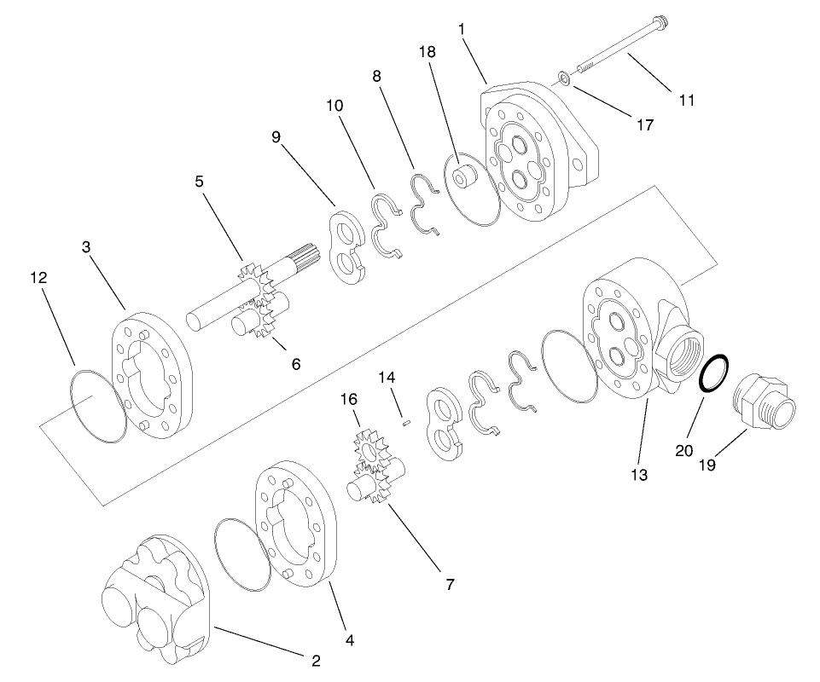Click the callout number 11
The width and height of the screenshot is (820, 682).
coord(687,100)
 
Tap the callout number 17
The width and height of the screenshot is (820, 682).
coord(645,124)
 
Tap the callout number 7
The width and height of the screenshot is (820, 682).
coord(449,584)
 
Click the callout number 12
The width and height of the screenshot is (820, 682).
coord(38,278)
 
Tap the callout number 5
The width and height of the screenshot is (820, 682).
coord(199,181)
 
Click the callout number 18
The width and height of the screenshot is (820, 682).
coord(427,52)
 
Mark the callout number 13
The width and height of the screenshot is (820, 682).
coord(639,475)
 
